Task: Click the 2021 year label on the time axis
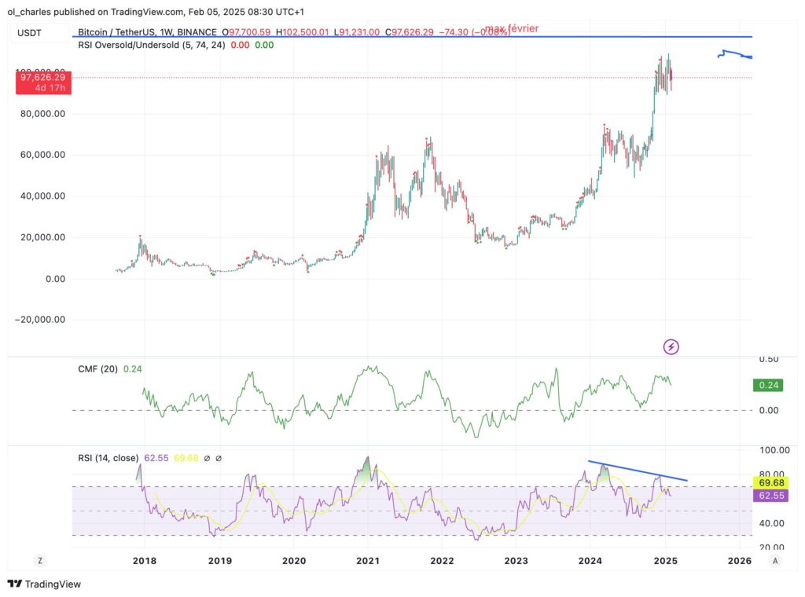[x=368, y=561]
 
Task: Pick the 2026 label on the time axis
[x=739, y=561]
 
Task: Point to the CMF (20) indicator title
[x=97, y=368]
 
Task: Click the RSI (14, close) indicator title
[x=108, y=457]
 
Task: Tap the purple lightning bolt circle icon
[x=671, y=346]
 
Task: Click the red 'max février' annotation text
[x=511, y=29]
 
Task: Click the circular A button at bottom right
[x=775, y=560]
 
